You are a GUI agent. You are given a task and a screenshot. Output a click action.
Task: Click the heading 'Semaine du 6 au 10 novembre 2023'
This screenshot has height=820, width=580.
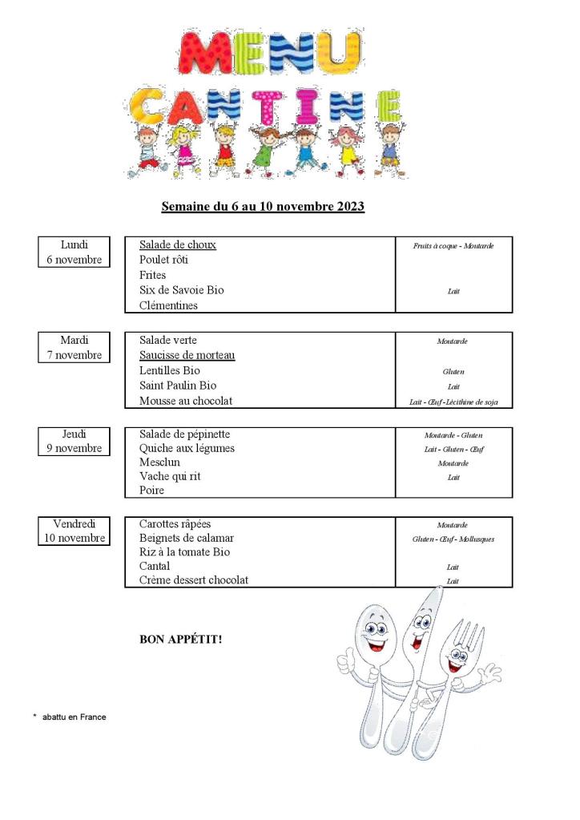point(263,207)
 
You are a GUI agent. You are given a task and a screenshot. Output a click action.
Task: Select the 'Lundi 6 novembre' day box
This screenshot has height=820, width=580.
point(74,252)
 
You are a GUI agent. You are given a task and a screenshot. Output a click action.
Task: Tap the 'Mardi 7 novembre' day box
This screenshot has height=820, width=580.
point(74,348)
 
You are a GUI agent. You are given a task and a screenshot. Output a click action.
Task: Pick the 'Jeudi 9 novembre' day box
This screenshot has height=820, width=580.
point(74,441)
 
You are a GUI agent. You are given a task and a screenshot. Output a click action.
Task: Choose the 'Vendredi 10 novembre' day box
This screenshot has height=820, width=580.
point(74,531)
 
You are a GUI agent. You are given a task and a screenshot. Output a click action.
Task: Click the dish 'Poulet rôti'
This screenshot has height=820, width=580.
point(164,260)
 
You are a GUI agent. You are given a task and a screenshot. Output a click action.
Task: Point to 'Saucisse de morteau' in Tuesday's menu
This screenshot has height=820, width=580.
point(187,355)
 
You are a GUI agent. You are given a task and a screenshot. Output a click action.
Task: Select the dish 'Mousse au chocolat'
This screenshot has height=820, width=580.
point(186,401)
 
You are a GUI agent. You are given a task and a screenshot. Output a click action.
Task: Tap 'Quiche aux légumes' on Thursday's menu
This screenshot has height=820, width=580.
point(187,448)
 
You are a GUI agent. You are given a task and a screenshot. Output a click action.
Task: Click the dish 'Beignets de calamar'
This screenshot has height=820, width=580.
point(187,538)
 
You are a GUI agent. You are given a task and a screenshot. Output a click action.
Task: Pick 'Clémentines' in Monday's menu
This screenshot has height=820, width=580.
point(168,305)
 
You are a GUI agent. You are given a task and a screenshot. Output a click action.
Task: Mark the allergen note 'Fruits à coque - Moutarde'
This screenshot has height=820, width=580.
point(453,245)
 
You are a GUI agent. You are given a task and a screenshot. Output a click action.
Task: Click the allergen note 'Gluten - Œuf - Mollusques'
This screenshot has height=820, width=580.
point(453,539)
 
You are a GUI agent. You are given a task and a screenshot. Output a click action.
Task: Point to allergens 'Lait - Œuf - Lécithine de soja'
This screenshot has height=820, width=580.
point(453,402)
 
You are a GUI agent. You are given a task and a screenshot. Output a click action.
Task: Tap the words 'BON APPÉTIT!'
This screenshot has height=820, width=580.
point(181,640)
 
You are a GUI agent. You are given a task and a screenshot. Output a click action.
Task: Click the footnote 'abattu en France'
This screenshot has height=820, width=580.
point(74,717)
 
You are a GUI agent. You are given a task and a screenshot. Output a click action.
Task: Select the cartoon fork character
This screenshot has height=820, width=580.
point(461,673)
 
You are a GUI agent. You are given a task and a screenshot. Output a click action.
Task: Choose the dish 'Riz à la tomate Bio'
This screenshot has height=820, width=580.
point(184,552)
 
